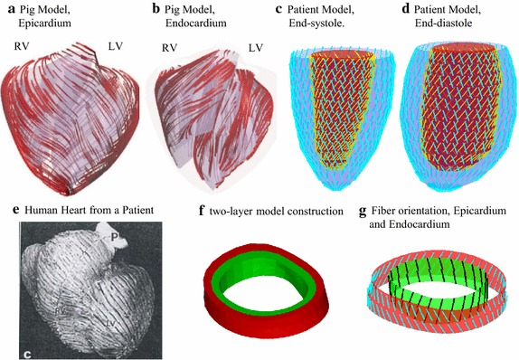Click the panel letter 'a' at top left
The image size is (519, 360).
(6, 10)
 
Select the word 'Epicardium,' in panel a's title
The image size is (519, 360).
(48, 24)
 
